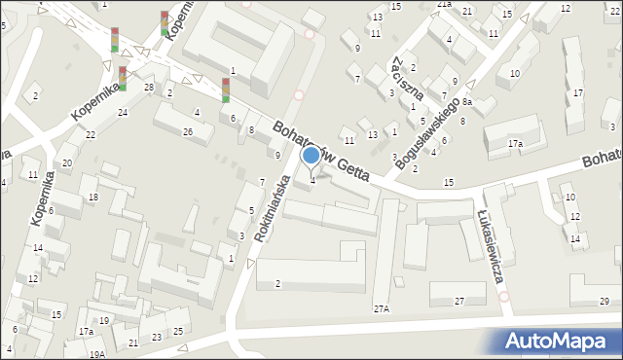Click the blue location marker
(x=311, y=155)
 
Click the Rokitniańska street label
(x=272, y=208)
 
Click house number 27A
(x=382, y=308)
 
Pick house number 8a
(x=467, y=101)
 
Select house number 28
(x=149, y=88)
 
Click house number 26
(x=188, y=131)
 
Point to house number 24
(x=123, y=113)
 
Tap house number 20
(x=67, y=162)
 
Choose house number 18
(x=93, y=198)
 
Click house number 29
(x=605, y=302)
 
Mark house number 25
(x=178, y=332)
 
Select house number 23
(x=157, y=337)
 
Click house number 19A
(x=97, y=354)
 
